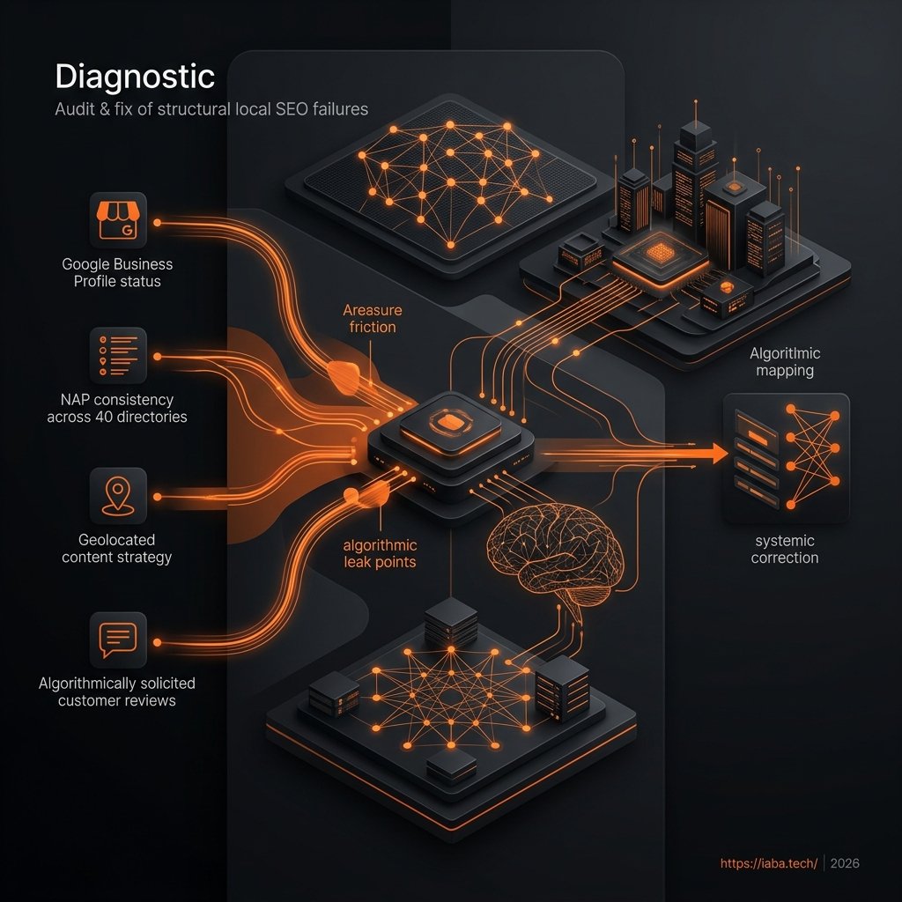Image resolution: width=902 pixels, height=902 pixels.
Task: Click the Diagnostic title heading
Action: coord(135,78)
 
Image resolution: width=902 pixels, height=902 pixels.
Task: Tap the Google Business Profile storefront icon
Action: coord(118,220)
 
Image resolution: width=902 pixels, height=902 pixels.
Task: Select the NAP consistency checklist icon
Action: coord(118,356)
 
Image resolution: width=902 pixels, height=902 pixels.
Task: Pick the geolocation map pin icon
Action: coord(118,496)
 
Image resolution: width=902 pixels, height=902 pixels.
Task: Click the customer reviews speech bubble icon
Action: coord(118,640)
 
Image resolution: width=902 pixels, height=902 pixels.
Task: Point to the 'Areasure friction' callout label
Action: coord(373,319)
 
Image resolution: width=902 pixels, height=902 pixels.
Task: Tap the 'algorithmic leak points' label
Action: coord(381,553)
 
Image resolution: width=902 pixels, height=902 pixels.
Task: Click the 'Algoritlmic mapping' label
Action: coord(785,362)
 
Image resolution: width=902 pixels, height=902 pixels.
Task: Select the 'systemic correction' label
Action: coord(785,550)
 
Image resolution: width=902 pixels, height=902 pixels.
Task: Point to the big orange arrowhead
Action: coord(720,454)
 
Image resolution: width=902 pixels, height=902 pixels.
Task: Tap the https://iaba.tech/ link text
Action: coord(768,863)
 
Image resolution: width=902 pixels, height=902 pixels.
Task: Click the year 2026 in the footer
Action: coord(845,863)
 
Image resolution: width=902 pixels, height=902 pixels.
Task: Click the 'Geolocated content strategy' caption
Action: coord(117,549)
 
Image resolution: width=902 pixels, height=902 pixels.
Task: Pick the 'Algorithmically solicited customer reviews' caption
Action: coord(117,692)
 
